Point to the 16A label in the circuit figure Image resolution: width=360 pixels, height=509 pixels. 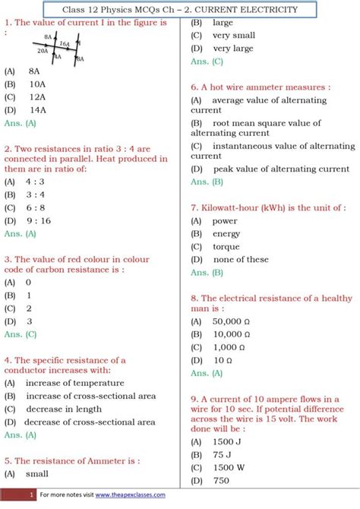pyautogui.click(x=65, y=44)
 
